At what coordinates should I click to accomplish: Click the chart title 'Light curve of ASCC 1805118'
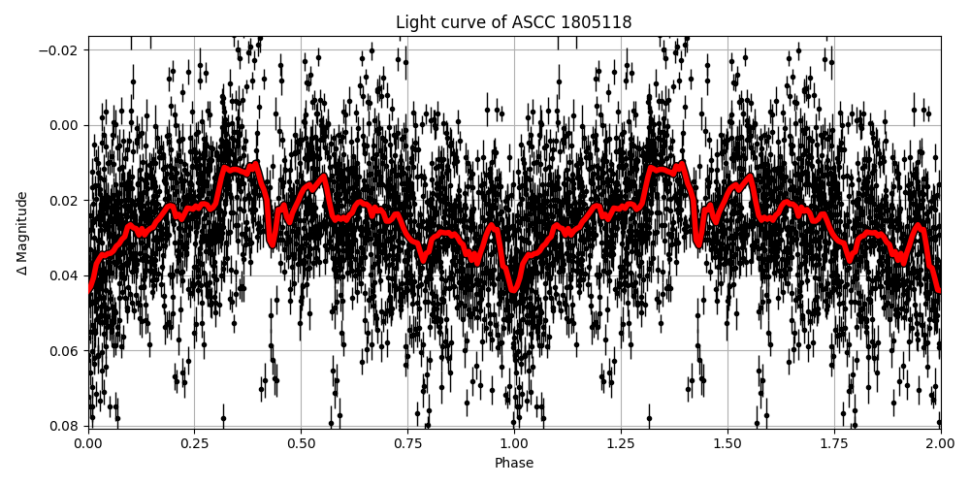click(513, 22)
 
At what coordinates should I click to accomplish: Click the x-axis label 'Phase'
click(513, 464)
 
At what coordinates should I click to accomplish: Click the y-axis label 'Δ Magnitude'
click(22, 233)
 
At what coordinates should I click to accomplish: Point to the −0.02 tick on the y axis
click(60, 49)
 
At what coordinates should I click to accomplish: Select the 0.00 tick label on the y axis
click(64, 125)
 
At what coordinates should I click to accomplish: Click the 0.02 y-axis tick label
click(64, 200)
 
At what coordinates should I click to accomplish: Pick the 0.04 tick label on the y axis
click(64, 275)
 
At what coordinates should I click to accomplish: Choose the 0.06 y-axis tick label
click(64, 350)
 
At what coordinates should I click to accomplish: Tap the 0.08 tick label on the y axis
click(64, 426)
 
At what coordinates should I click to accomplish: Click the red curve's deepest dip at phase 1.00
click(514, 288)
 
